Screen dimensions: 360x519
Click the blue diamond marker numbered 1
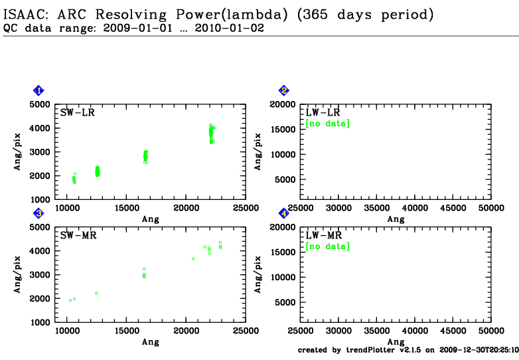click(x=39, y=90)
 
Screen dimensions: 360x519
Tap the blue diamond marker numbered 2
click(x=284, y=90)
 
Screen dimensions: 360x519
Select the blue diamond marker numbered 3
click(x=39, y=213)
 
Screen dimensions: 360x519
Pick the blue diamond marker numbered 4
click(x=284, y=213)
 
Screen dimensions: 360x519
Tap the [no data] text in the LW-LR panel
click(x=327, y=124)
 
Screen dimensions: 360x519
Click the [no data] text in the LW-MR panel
click(x=327, y=246)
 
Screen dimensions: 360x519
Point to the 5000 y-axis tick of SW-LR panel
click(x=40, y=104)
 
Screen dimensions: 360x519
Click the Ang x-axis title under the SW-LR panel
click(x=151, y=219)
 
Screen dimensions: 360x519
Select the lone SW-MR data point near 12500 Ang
click(x=96, y=293)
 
